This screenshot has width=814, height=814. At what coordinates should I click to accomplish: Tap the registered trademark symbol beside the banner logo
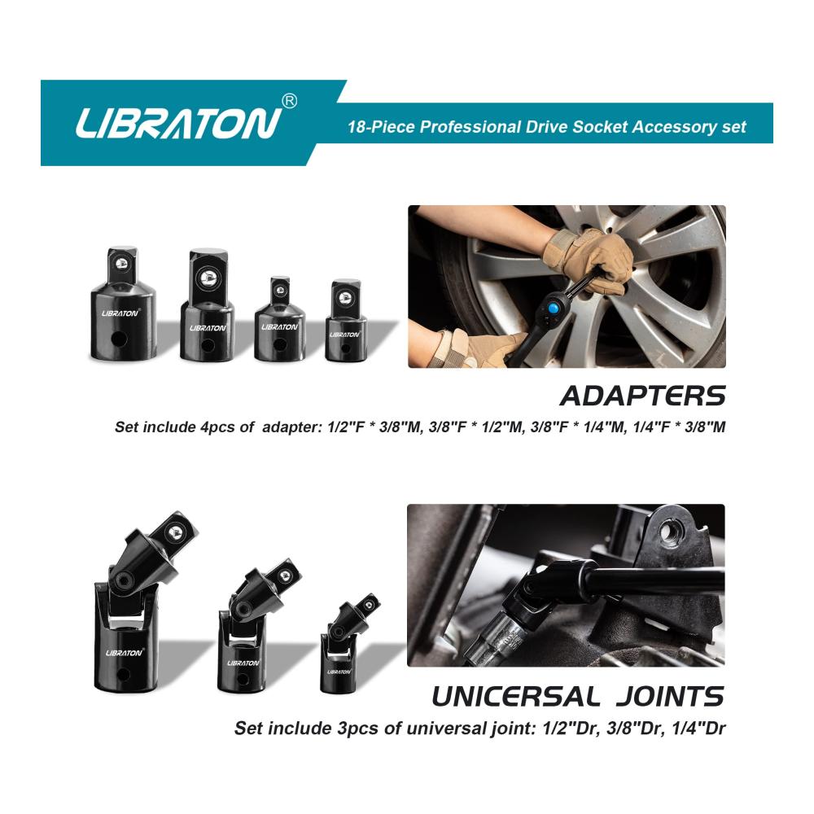coord(289,101)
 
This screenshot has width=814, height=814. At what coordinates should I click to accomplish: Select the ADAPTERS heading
coord(643,396)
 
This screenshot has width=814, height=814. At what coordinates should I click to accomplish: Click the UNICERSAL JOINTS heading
coord(578,697)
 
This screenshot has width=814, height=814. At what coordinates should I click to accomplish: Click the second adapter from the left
coord(207,304)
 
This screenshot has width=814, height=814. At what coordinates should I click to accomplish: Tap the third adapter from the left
coord(280,318)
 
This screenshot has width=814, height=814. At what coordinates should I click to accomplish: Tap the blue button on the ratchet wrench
coord(554,309)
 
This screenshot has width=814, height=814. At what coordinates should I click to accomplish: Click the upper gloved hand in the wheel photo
coord(587,260)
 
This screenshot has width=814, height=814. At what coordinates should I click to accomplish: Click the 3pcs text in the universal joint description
coord(357,729)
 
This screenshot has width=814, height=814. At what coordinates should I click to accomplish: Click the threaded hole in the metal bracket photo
coord(670,533)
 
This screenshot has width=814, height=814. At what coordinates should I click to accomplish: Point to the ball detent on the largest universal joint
coord(176,532)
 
